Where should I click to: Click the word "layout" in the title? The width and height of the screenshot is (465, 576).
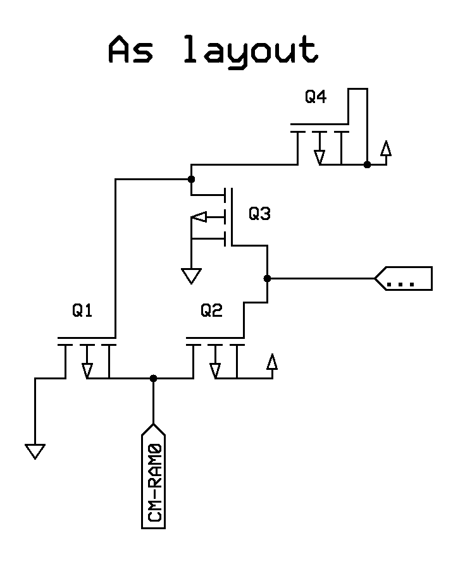click(250, 51)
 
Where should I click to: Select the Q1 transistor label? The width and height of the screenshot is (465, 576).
click(82, 311)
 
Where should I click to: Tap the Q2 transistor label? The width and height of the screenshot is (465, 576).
click(212, 310)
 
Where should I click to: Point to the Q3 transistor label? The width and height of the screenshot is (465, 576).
click(259, 214)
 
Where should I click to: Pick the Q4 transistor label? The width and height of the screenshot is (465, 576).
click(316, 97)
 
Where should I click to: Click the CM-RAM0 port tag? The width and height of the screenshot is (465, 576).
click(153, 474)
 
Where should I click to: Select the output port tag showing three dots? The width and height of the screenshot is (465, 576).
click(404, 278)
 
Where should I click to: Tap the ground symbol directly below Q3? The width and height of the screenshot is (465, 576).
click(191, 275)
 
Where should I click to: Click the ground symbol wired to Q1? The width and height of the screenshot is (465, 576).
click(35, 451)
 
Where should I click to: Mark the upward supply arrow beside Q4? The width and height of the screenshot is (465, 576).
click(385, 149)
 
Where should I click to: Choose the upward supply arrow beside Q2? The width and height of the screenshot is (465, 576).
click(272, 362)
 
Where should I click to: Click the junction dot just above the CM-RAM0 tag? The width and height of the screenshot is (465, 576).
click(153, 378)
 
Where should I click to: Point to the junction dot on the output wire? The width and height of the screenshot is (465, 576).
click(267, 278)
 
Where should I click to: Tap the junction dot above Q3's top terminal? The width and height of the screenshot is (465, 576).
click(191, 180)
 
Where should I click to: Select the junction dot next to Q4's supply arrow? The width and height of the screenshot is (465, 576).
click(367, 164)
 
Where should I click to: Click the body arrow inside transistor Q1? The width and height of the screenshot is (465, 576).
click(87, 367)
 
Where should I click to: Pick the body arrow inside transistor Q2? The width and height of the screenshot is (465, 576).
click(215, 367)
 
